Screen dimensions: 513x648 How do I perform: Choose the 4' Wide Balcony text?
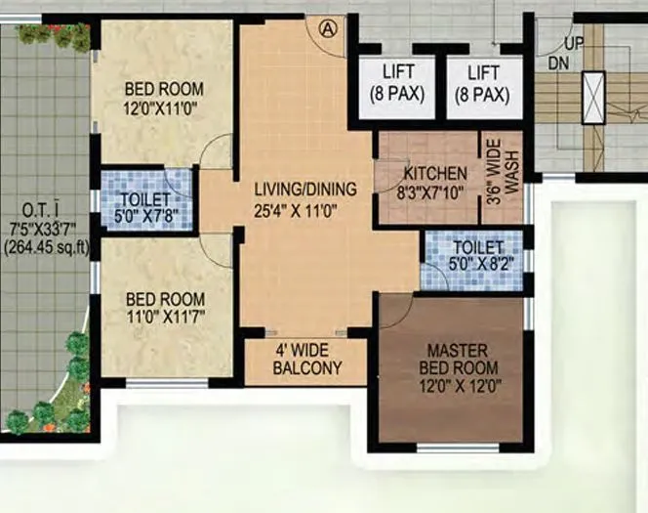tap(306, 360)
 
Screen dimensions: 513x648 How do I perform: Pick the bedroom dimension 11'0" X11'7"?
tap(163, 317)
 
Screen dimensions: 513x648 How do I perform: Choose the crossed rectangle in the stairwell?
tap(593, 96)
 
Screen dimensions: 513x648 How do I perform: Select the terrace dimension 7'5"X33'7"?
tap(46, 229)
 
